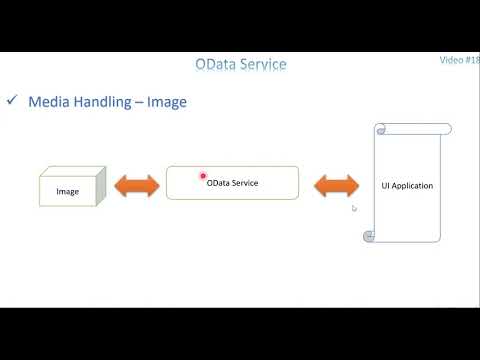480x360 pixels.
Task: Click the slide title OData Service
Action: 240,64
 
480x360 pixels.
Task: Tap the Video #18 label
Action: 459,60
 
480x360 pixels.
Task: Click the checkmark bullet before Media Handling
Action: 12,101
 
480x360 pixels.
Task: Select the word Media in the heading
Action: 49,102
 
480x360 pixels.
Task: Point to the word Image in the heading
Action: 167,102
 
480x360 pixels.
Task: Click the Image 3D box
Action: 71,189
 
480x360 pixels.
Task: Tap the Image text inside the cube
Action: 68,192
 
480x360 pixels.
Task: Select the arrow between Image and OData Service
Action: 137,186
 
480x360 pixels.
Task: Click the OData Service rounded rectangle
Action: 232,183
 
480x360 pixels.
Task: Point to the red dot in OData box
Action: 203,176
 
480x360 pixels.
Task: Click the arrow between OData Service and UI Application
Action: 337,186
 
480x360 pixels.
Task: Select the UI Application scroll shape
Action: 407,185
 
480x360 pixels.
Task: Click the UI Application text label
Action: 407,186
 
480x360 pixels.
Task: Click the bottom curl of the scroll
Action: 369,236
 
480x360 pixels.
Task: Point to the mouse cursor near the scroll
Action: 354,208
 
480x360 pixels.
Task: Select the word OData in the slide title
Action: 216,64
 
